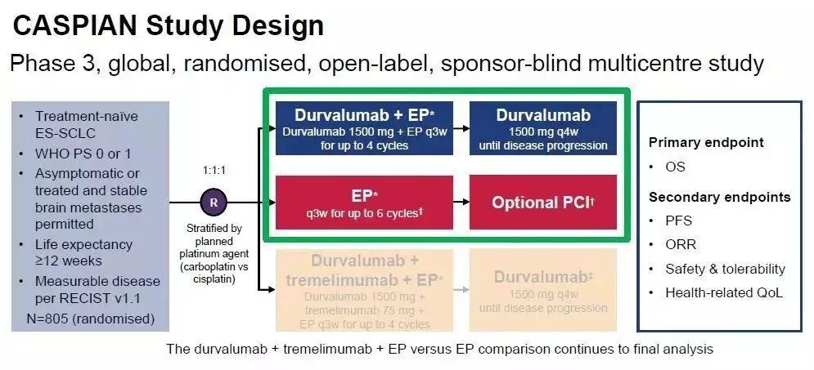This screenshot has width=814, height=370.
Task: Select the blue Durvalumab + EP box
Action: point(364,129)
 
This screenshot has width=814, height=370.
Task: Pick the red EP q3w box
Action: point(364,201)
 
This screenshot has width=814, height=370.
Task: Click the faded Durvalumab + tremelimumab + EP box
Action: point(364,289)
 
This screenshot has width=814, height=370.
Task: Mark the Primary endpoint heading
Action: point(706,142)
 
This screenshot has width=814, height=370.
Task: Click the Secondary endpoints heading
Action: point(719,197)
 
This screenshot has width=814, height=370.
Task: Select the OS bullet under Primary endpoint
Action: point(675,167)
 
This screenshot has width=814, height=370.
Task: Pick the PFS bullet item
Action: point(678,221)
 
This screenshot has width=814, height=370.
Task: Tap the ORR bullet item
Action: point(680,244)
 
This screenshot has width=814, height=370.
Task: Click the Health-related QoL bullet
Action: point(723,292)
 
